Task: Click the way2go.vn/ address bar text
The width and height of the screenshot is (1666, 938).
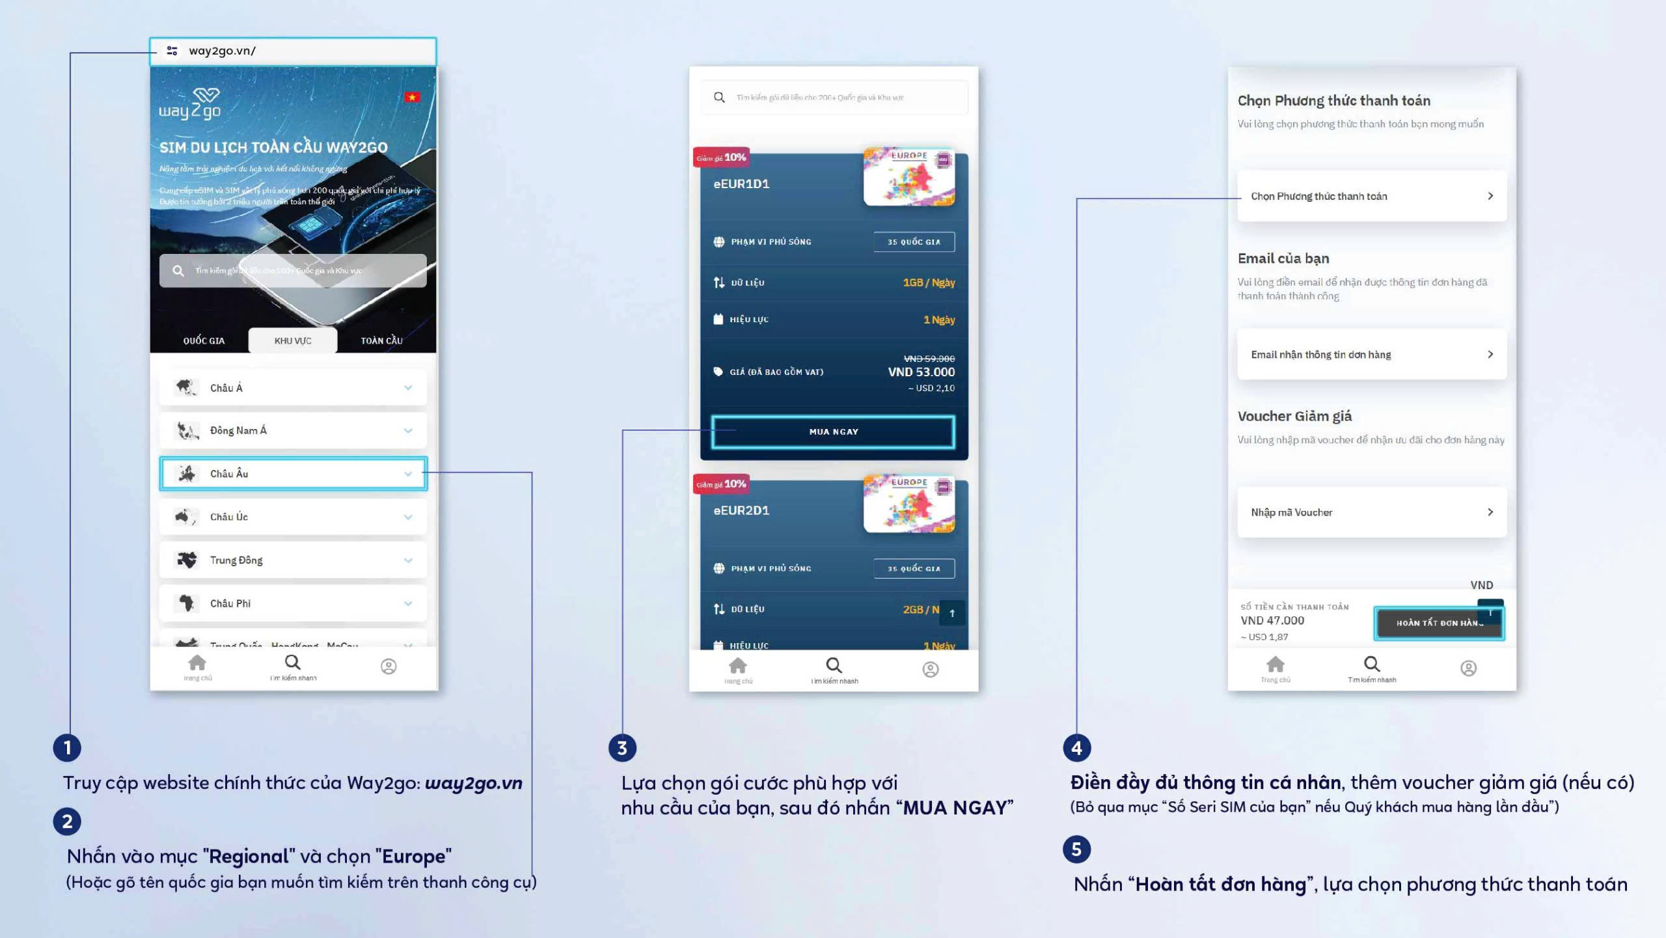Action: tap(222, 51)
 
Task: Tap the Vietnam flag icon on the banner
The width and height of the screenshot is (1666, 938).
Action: tap(412, 98)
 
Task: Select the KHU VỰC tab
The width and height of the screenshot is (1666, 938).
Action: tap(293, 340)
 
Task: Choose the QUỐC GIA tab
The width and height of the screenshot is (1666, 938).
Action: tap(204, 340)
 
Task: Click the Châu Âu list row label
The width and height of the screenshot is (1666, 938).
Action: tap(229, 474)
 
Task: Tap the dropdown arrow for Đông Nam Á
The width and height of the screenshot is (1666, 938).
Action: tap(408, 430)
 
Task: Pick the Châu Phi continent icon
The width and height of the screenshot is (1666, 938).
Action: tap(187, 603)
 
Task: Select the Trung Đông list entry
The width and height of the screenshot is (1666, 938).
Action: tap(236, 560)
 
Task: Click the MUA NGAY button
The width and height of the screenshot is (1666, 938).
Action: tap(834, 432)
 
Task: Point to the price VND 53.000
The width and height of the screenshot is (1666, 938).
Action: tap(921, 372)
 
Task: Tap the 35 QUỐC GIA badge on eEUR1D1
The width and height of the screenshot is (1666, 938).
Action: tap(914, 242)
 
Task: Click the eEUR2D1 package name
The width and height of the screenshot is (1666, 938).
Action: tap(741, 510)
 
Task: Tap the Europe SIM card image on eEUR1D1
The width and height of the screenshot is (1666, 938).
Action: tap(909, 177)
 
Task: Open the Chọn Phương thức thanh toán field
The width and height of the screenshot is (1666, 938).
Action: tap(1371, 196)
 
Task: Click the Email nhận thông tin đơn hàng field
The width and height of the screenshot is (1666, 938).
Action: tap(1371, 354)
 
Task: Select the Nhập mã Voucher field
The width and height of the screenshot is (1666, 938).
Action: tap(1371, 512)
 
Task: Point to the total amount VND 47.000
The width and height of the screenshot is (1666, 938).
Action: tap(1272, 620)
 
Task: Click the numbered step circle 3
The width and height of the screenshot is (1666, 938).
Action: tap(622, 748)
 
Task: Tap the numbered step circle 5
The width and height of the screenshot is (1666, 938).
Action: tap(1076, 849)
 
